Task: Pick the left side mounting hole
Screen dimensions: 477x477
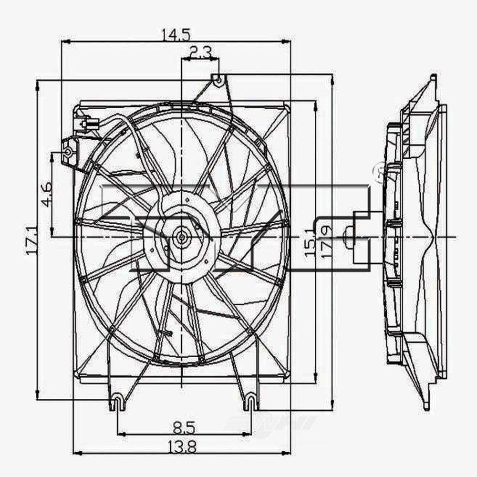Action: (68, 153)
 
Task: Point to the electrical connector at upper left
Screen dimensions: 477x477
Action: (86, 125)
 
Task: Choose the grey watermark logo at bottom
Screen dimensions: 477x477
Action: (272, 422)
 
